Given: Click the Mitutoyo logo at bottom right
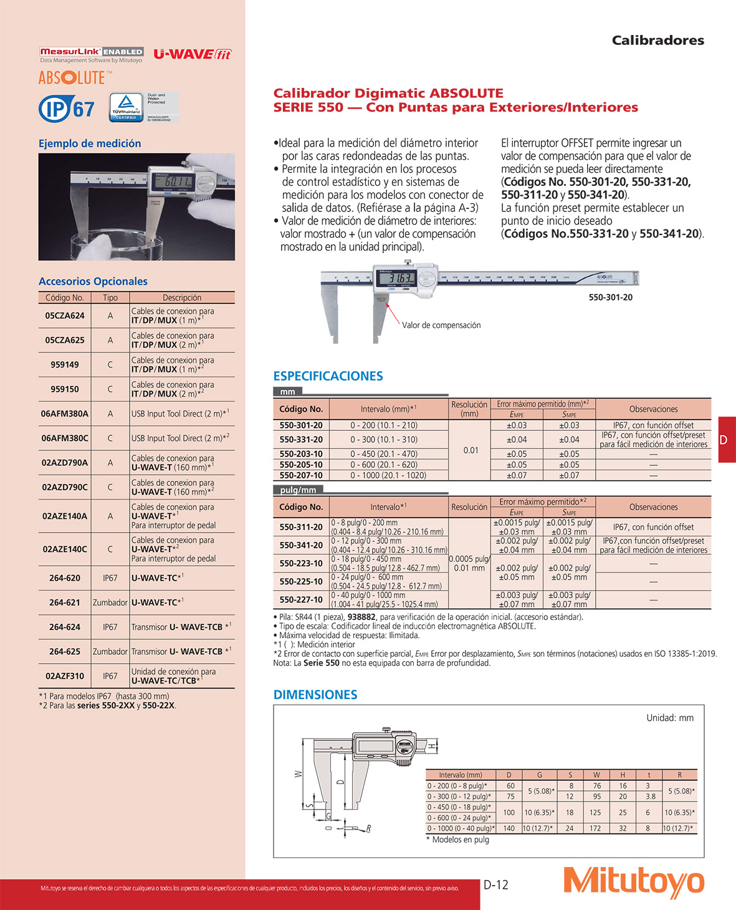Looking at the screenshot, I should pyautogui.click(x=634, y=882).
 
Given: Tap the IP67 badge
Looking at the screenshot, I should pyautogui.click(x=67, y=109).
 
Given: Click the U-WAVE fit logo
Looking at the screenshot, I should pyautogui.click(x=192, y=54).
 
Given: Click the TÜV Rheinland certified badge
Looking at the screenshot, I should pyautogui.click(x=127, y=107).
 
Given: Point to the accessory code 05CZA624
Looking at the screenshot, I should pyautogui.click(x=65, y=316).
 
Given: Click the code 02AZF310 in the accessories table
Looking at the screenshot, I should pyautogui.click(x=65, y=675).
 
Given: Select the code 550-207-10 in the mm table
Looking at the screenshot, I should pyautogui.click(x=301, y=475).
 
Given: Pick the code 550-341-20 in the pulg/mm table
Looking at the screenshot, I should pyautogui.click(x=301, y=545).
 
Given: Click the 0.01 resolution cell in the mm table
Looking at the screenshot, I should pyautogui.click(x=471, y=450).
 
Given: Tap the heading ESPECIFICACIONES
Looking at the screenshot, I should pyautogui.click(x=328, y=376).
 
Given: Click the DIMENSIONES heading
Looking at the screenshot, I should pyautogui.click(x=315, y=695).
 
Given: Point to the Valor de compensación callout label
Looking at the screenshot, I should pyautogui.click(x=441, y=325).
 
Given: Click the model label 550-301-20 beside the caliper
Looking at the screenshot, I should pyautogui.click(x=610, y=298).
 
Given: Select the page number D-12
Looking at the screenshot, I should pyautogui.click(x=496, y=884).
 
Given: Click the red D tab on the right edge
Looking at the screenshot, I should pyautogui.click(x=726, y=440).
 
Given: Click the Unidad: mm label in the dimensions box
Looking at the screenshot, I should pyautogui.click(x=669, y=718).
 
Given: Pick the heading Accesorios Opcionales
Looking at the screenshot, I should pyautogui.click(x=93, y=281).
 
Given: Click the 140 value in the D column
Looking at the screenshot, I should pyautogui.click(x=509, y=828).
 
